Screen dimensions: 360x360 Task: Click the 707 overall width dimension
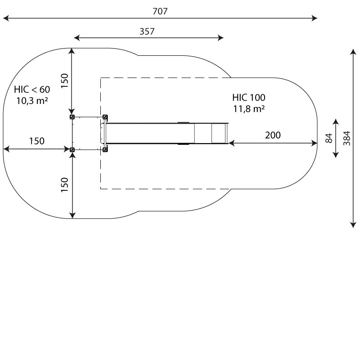tap(160, 11)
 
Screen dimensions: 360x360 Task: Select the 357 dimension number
tap(147, 31)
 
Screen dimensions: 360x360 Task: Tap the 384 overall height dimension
tap(347, 138)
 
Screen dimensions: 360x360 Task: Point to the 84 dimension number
tap(329, 138)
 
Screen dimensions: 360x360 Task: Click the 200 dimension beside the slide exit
tap(273, 135)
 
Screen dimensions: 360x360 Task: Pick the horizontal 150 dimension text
tap(37, 141)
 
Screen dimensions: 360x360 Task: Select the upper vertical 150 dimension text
tap(65, 81)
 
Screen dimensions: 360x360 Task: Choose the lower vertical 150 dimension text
tap(65, 185)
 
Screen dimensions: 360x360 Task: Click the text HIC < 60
tap(32, 90)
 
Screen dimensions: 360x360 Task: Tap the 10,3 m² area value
tap(32, 101)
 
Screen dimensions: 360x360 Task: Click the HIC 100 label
tap(249, 98)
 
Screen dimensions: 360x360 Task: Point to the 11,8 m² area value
tap(249, 109)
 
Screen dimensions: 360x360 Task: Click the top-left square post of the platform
tap(72, 117)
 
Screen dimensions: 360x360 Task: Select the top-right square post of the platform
tap(105, 117)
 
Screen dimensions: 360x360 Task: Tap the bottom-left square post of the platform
tap(72, 150)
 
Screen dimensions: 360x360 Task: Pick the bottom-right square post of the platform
tap(105, 150)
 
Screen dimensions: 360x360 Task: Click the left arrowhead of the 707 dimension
tap(6, 18)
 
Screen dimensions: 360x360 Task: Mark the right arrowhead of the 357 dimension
tap(220, 38)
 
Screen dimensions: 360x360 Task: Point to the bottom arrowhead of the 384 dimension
tap(353, 225)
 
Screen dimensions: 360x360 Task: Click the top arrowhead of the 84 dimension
tap(336, 121)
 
